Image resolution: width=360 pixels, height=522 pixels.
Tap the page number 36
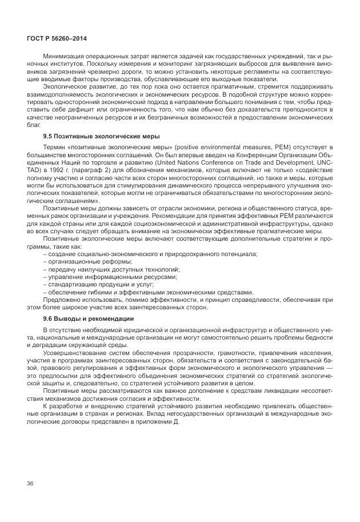click(x=30, y=484)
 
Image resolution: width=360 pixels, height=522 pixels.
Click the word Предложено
click(x=61, y=298)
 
